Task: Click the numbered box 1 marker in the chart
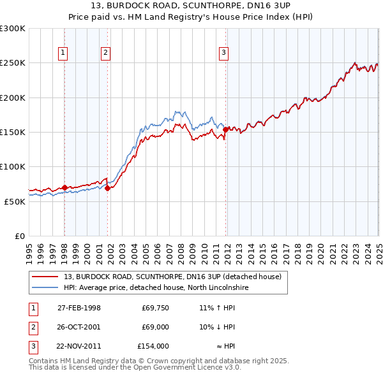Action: coord(64,54)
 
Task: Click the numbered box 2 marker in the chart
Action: coord(105,54)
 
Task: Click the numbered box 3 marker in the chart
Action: coord(224,54)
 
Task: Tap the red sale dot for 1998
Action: coord(64,187)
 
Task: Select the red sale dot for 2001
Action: coord(107,188)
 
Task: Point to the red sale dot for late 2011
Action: coord(225,129)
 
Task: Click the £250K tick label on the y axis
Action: coord(13,63)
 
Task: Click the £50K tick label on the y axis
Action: coord(15,201)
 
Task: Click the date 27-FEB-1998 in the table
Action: coord(79,308)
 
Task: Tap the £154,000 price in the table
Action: coord(153,346)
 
